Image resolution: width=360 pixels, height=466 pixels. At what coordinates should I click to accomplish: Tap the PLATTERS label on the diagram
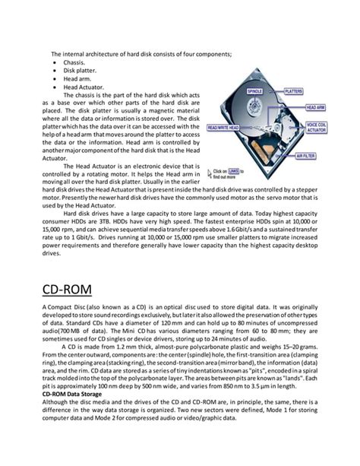[x=293, y=90]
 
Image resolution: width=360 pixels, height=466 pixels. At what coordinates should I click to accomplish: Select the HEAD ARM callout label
[x=315, y=108]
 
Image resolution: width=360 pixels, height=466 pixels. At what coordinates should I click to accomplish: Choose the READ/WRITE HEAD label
[x=228, y=128]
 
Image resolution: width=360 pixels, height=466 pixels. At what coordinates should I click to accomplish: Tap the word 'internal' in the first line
[x=77, y=53]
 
